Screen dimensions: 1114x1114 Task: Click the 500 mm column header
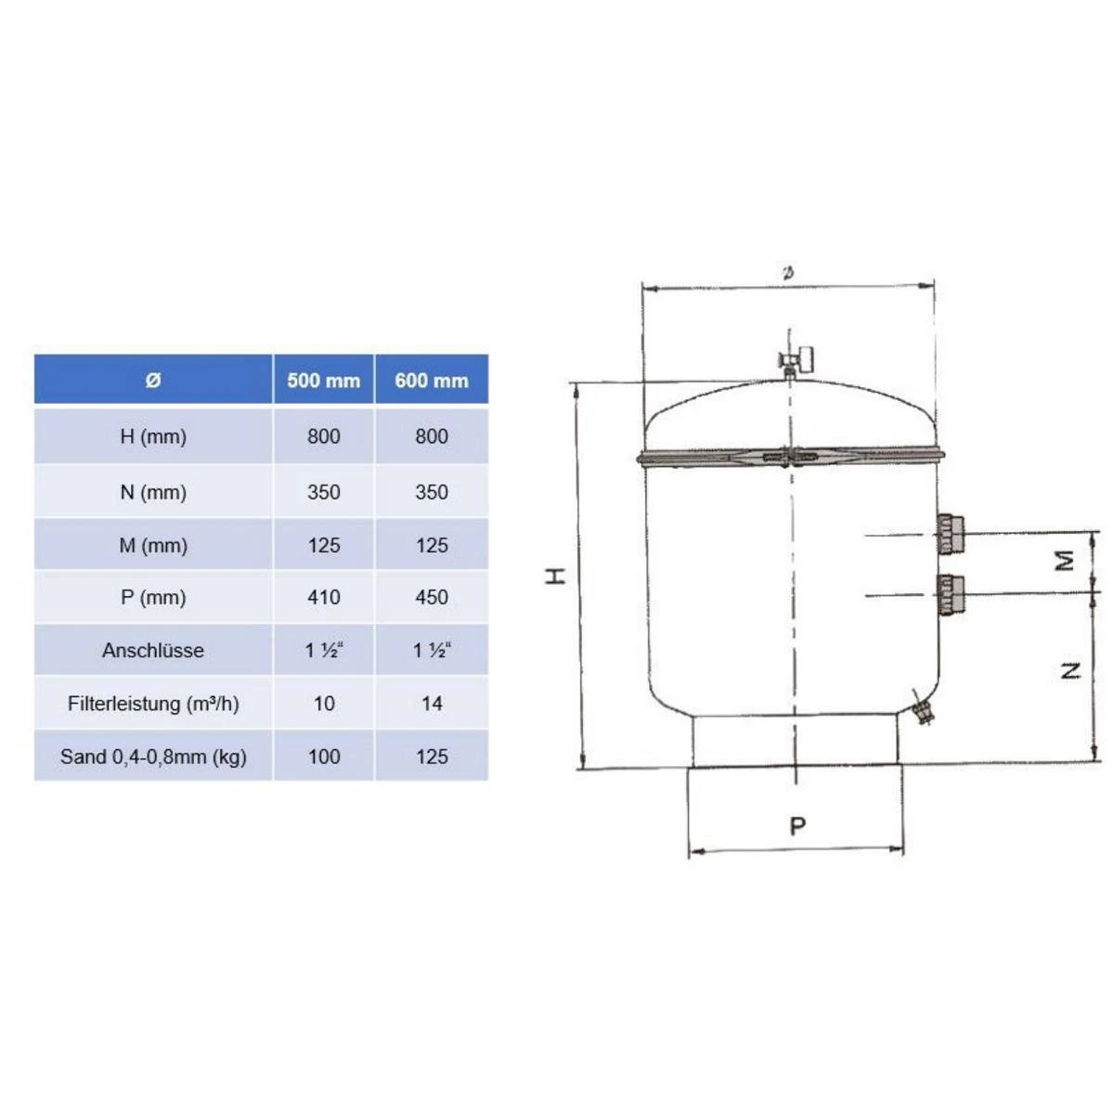[323, 381]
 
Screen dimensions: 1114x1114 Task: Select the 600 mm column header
[432, 381]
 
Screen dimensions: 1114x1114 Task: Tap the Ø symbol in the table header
[152, 381]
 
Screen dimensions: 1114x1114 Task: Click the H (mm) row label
[153, 436]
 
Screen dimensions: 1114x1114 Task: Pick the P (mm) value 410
[324, 597]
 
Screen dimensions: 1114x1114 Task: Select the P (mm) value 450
[432, 597]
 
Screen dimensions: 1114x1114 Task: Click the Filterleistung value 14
[432, 704]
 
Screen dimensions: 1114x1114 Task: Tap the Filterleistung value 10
[324, 704]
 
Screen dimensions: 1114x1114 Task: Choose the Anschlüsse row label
[153, 651]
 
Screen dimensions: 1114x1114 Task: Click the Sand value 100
[324, 757]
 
